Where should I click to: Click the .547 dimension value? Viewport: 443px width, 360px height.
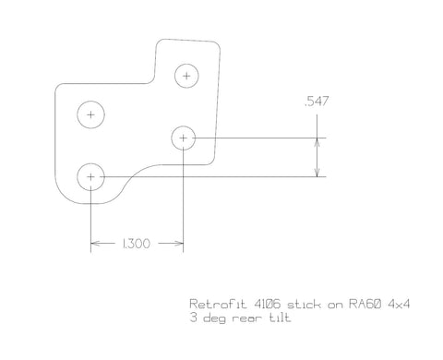click(317, 102)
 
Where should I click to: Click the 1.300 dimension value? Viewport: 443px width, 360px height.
click(136, 244)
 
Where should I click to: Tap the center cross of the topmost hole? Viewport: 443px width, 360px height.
click(186, 76)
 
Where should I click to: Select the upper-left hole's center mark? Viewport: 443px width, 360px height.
click(90, 114)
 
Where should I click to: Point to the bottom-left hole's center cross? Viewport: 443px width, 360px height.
click(90, 177)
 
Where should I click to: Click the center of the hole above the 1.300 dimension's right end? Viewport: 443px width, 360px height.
click(183, 138)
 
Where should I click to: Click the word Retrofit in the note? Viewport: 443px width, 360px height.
click(218, 304)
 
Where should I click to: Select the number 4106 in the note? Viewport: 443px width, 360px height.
click(268, 304)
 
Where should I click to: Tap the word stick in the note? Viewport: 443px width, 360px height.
click(304, 305)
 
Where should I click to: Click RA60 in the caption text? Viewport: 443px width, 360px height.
click(365, 304)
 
